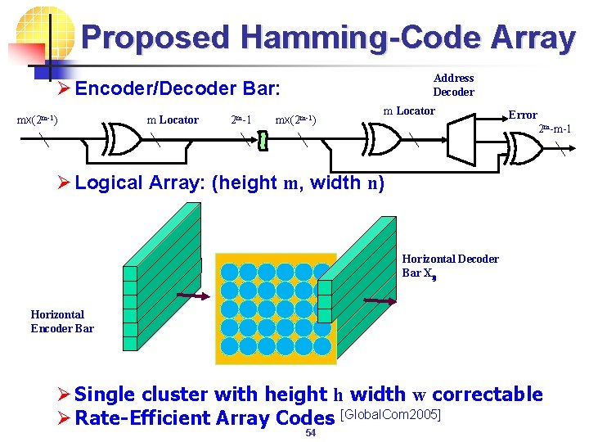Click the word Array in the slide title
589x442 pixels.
tap(535, 37)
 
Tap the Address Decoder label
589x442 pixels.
tap(453, 84)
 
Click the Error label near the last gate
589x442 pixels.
tap(523, 115)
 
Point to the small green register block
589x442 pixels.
tap(262, 142)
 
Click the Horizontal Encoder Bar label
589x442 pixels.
tap(62, 321)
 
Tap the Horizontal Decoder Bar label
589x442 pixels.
tap(450, 265)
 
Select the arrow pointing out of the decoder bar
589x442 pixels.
tap(380, 303)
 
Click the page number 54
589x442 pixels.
tap(310, 433)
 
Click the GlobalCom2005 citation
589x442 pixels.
tap(390, 415)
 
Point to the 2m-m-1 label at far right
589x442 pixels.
tap(555, 129)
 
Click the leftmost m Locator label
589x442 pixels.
tap(172, 120)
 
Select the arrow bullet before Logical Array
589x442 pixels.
tap(64, 183)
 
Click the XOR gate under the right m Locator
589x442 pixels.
tap(385, 141)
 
